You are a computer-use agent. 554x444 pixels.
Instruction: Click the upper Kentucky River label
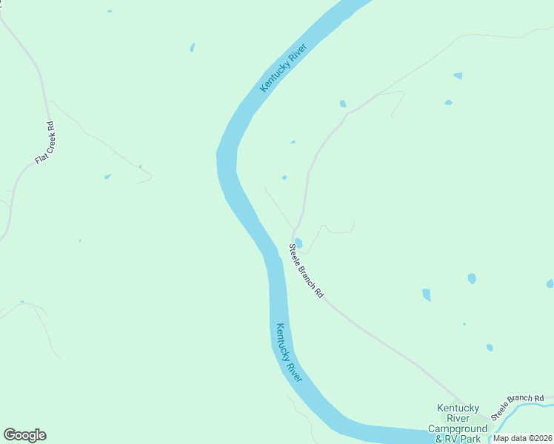click(283, 67)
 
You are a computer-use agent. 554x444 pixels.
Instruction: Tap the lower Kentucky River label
click(288, 351)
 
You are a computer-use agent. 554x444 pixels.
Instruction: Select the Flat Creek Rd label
click(45, 143)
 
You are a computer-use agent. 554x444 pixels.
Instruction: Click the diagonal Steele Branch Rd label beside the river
click(306, 271)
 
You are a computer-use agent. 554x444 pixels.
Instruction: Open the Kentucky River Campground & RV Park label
click(458, 423)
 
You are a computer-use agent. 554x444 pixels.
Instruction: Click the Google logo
click(24, 435)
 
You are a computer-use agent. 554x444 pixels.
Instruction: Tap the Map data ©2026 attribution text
click(523, 438)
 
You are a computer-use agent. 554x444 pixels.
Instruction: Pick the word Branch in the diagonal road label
click(307, 272)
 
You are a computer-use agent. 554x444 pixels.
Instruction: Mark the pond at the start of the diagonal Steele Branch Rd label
click(298, 242)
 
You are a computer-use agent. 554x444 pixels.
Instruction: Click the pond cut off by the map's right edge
click(550, 283)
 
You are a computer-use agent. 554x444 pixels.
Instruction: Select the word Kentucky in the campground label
click(458, 408)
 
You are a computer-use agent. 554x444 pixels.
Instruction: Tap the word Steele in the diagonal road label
click(295, 254)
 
